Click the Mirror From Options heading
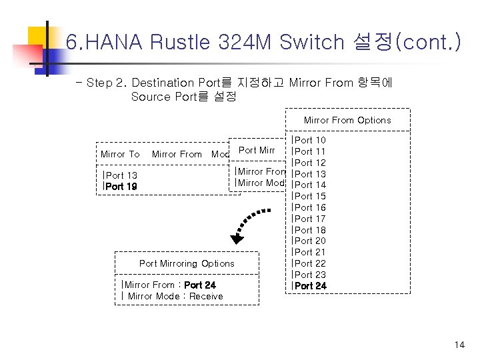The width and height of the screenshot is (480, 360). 347,121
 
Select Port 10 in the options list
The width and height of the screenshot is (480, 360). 310,140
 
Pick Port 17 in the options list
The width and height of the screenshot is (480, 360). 310,219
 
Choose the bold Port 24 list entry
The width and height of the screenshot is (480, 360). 310,286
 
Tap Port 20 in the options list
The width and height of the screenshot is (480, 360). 310,241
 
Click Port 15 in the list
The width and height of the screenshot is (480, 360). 310,196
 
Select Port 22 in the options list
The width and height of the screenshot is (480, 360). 310,263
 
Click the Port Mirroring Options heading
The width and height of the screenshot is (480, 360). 187,263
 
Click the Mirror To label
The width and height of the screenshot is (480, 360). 120,154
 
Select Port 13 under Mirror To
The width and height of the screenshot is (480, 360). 121,175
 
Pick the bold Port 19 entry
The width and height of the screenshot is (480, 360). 121,187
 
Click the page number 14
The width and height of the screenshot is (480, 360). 459,345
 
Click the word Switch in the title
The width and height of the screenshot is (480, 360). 311,43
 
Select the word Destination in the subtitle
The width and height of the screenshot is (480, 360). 163,83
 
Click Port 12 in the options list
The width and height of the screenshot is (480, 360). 310,163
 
